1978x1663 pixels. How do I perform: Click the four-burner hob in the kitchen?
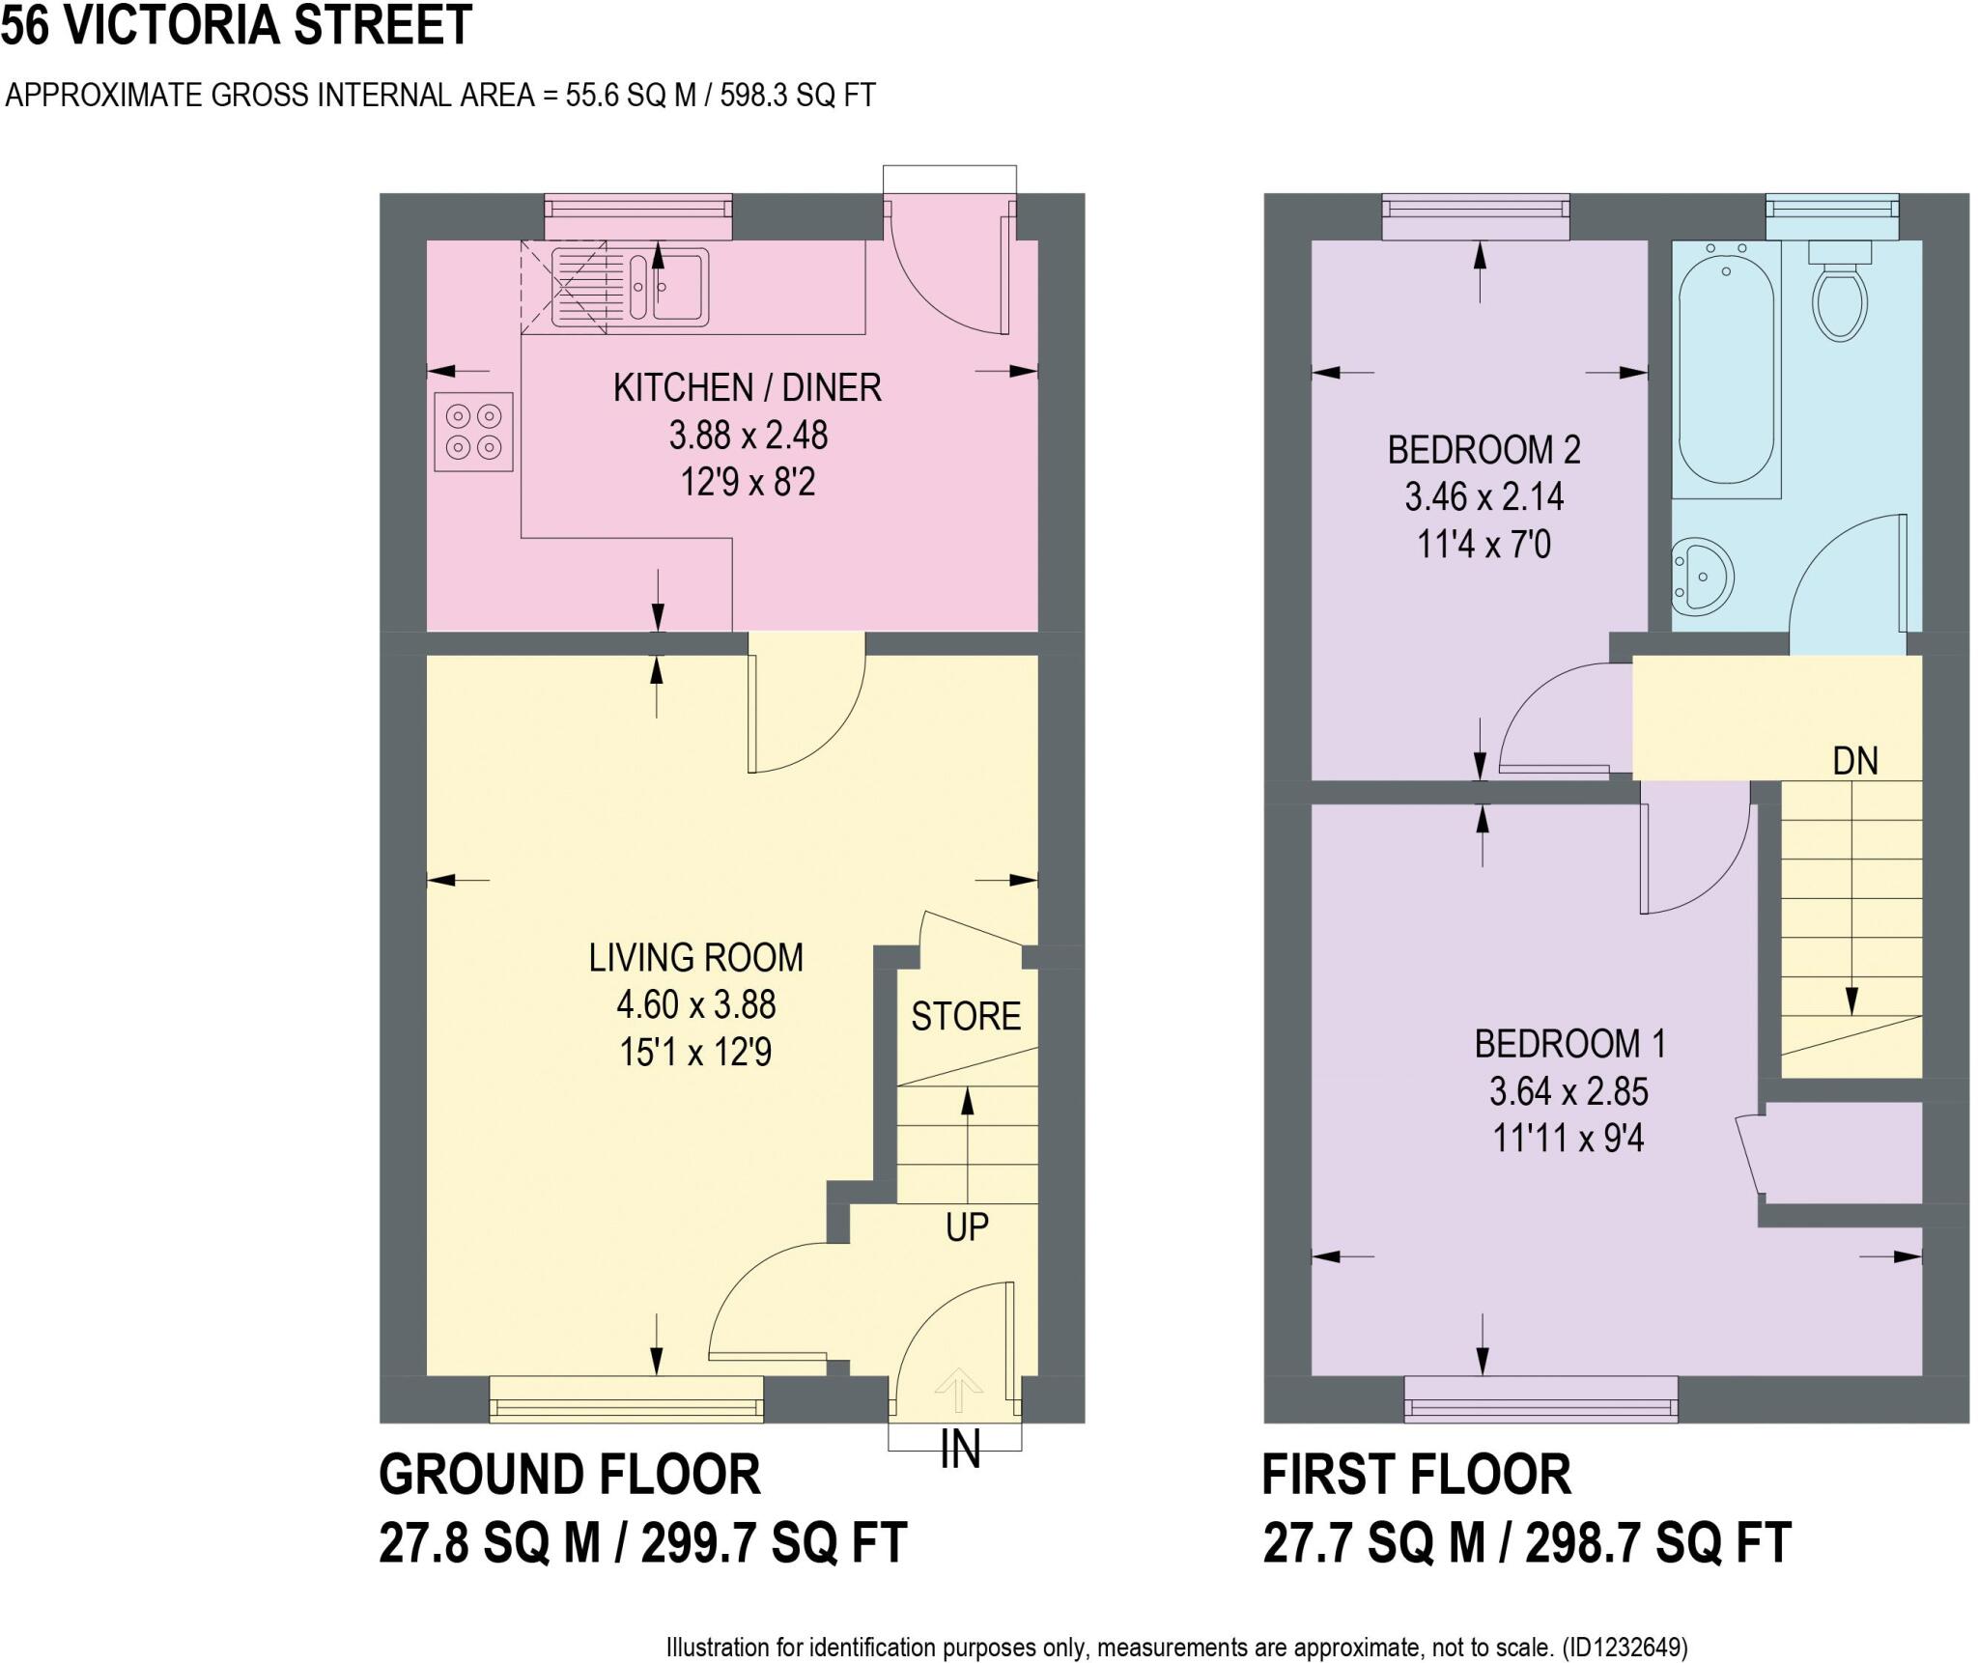click(x=473, y=432)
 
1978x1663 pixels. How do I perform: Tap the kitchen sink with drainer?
click(x=630, y=286)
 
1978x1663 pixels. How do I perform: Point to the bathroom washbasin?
click(x=1704, y=578)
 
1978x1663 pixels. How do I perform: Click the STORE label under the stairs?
click(x=966, y=1017)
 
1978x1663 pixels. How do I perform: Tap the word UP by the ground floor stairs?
click(x=967, y=1227)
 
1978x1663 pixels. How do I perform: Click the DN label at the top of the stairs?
click(x=1855, y=762)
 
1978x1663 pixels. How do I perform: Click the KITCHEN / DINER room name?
click(x=747, y=388)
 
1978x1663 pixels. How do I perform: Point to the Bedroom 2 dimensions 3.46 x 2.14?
click(x=1483, y=497)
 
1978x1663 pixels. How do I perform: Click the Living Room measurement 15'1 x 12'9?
click(x=695, y=1053)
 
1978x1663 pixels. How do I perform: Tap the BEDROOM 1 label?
click(x=1569, y=1044)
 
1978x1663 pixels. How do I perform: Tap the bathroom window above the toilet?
click(x=1831, y=216)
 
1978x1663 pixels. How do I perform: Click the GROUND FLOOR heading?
click(x=570, y=1475)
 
